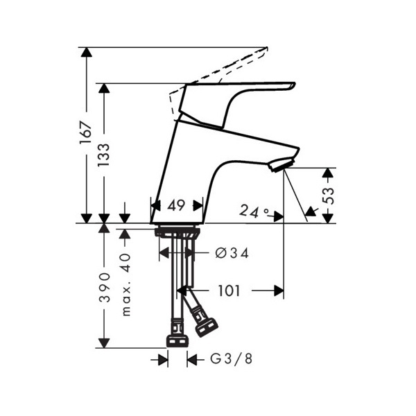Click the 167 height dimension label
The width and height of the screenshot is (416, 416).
point(86,132)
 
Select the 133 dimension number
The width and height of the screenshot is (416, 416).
point(103,155)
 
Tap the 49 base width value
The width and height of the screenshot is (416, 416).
point(176,206)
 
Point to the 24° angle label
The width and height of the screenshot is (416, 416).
point(254,211)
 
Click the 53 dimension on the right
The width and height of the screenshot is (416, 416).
point(329,196)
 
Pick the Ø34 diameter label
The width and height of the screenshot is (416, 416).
point(232,253)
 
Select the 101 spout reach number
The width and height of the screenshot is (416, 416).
point(229,291)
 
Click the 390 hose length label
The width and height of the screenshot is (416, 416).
point(104,288)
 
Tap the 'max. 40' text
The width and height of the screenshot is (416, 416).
point(127,285)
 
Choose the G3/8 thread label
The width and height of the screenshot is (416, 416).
point(231,359)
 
